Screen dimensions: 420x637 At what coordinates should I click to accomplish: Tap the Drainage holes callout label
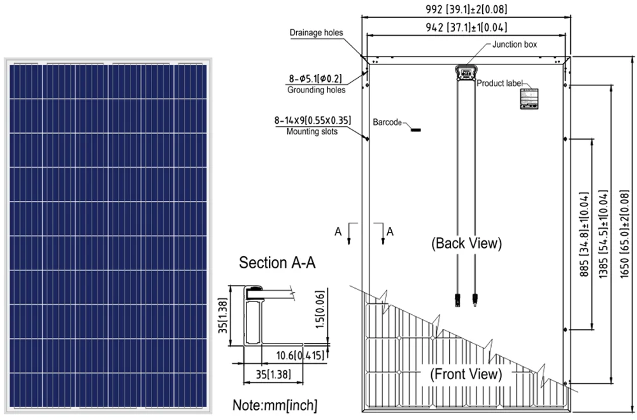tap(316, 33)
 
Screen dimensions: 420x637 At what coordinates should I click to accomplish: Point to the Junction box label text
tap(515, 45)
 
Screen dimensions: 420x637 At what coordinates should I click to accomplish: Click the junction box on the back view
tap(466, 71)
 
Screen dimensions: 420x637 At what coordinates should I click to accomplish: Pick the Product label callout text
tap(500, 83)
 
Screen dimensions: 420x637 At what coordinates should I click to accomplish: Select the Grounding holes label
tap(316, 90)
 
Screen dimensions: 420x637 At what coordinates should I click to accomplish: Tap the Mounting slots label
tap(312, 131)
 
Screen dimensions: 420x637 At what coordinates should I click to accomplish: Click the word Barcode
tap(387, 121)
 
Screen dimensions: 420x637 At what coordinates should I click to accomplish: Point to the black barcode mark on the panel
tap(416, 129)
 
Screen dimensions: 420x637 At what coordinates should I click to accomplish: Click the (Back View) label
tap(466, 243)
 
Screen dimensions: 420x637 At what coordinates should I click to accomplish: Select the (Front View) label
tap(466, 374)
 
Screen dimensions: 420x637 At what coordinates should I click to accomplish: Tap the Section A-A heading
tap(278, 263)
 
